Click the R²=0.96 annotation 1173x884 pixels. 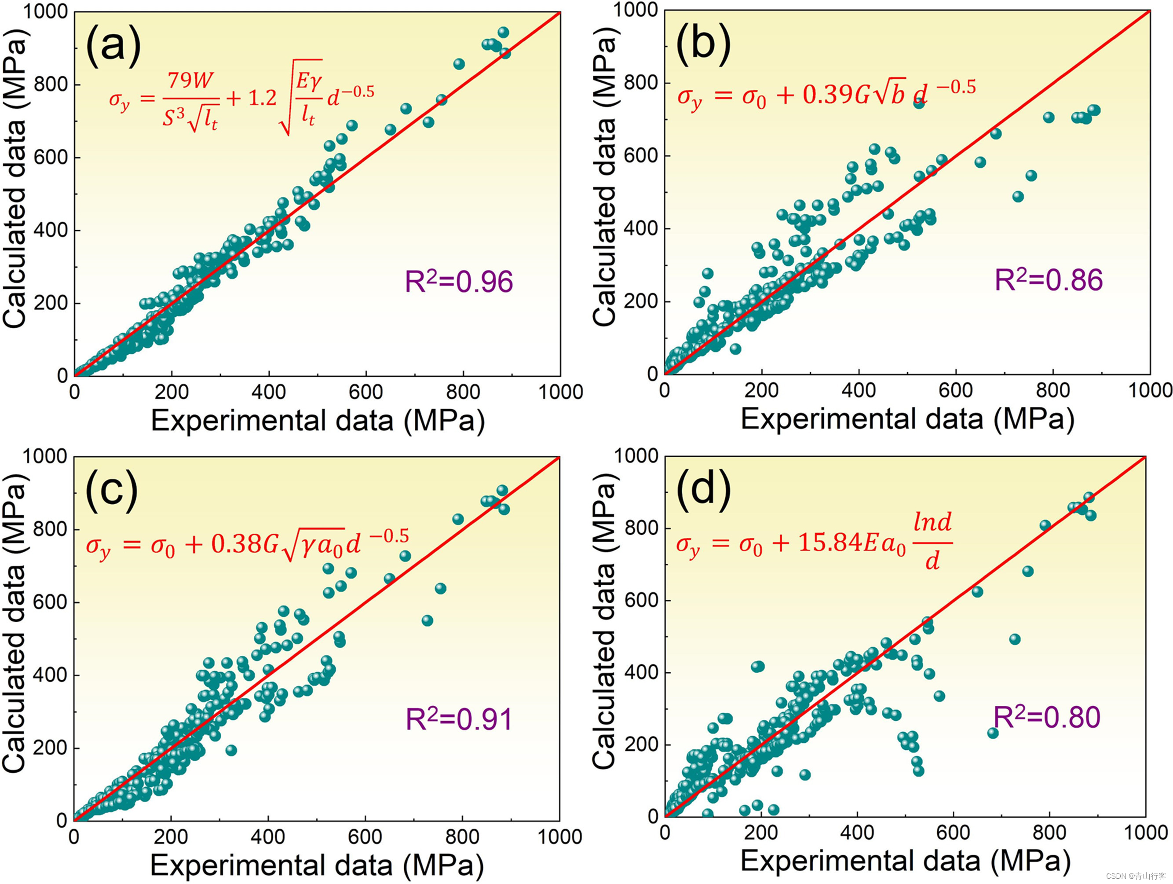tap(459, 281)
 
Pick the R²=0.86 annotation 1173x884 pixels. tap(1049, 280)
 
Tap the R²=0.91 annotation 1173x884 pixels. tap(459, 719)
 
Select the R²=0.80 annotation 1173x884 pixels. tap(1047, 717)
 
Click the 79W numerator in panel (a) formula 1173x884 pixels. tap(190, 81)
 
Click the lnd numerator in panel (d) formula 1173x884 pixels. tap(932, 523)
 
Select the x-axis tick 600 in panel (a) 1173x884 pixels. tap(366, 392)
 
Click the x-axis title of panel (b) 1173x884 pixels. tap(907, 419)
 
